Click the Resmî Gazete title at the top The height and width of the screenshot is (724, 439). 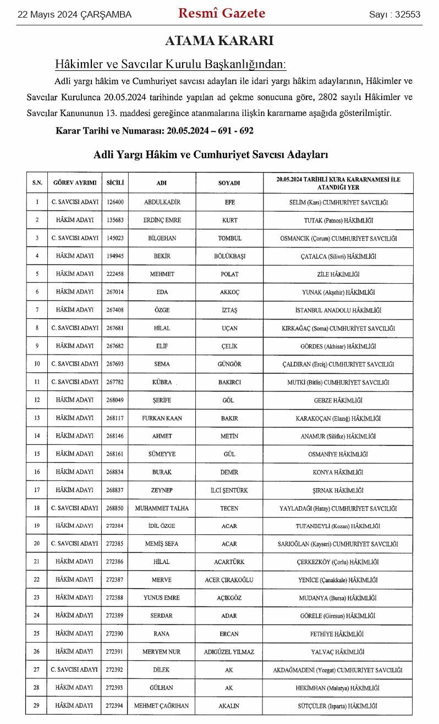221,14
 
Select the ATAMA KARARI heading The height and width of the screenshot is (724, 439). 219,41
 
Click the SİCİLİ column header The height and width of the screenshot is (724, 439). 115,183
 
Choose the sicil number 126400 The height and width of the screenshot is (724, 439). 115,202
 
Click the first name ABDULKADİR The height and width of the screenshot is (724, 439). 162,202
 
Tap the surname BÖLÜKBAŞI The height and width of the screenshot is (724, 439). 229,256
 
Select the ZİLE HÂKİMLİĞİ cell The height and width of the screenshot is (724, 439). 338,274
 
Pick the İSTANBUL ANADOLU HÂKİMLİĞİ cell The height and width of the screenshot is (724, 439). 338,310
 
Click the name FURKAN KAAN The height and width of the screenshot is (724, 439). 162,418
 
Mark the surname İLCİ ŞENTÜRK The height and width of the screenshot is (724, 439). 229,490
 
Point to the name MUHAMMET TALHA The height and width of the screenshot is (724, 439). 162,509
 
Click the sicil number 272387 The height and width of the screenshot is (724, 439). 115,580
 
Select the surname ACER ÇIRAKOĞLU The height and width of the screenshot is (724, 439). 229,580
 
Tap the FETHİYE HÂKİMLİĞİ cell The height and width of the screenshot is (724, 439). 338,634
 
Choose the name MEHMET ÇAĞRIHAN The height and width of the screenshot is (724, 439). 162,706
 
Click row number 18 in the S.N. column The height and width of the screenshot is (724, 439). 37,509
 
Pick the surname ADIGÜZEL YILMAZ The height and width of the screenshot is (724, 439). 229,652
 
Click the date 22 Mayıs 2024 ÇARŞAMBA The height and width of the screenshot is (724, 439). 75,15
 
